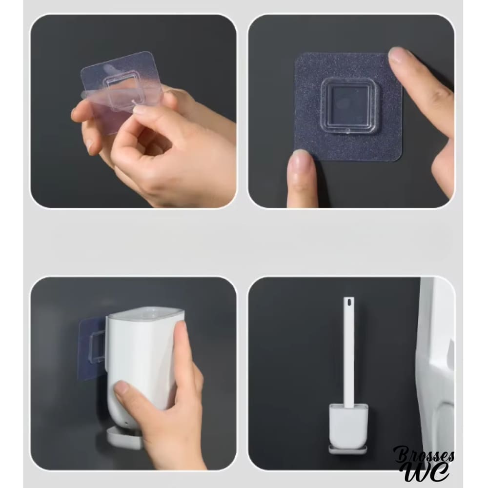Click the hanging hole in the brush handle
click(x=348, y=302)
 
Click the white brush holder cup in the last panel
click(x=348, y=425)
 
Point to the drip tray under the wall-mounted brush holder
click(x=348, y=449)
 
